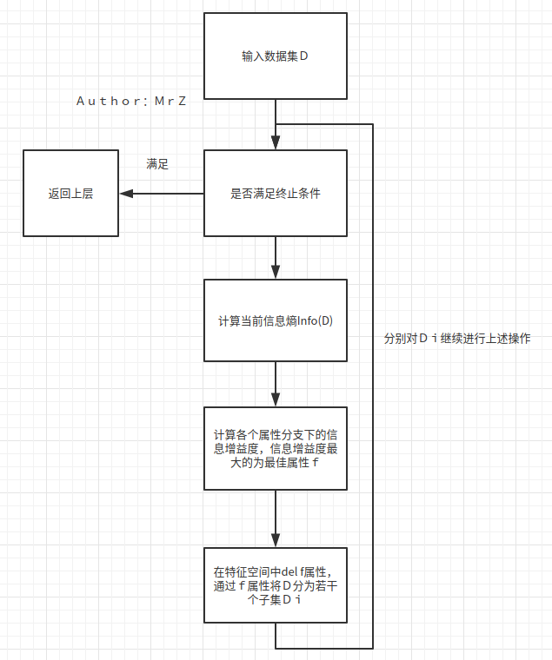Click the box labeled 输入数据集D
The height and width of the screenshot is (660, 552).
[x=275, y=56]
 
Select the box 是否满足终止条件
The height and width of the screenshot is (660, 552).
[x=275, y=193]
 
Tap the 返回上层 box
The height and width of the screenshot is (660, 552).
[x=70, y=193]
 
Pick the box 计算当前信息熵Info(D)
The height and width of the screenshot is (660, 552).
[x=275, y=320]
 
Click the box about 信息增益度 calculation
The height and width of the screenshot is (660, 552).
[x=275, y=448]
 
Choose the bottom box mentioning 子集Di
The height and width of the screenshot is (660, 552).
[x=275, y=584]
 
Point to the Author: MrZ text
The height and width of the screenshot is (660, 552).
[x=132, y=101]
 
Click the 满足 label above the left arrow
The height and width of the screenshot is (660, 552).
[x=157, y=163]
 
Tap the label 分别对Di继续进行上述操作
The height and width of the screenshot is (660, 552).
[x=456, y=339]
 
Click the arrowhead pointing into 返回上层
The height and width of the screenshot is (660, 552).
[x=124, y=193]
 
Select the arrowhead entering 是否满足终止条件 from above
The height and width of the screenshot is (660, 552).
[x=276, y=144]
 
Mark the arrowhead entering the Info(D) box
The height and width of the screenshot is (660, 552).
[x=276, y=274]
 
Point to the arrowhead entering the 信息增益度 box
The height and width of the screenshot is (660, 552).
[x=276, y=401]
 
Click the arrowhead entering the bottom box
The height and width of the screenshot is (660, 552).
[x=276, y=542]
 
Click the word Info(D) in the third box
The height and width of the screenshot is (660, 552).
[x=316, y=320]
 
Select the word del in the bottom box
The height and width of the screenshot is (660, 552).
[x=290, y=571]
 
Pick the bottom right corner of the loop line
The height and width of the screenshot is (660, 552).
[x=373, y=648]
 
